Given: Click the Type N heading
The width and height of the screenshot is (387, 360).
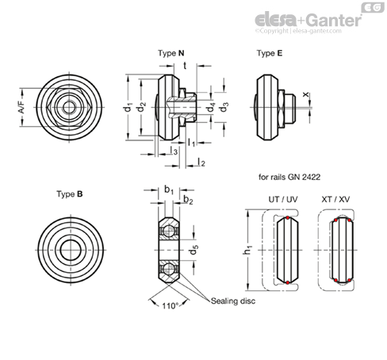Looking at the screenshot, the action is (x=171, y=53).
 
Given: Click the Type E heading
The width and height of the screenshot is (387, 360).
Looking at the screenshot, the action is (x=270, y=53).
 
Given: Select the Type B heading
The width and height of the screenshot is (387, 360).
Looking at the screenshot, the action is (x=70, y=194).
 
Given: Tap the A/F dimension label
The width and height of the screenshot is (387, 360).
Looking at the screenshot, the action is (x=22, y=107).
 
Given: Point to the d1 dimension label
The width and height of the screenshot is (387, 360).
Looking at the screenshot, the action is (x=128, y=107).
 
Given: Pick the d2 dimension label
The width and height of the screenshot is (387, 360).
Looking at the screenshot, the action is (x=142, y=107).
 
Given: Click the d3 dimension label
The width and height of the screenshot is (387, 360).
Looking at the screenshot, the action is (x=224, y=107).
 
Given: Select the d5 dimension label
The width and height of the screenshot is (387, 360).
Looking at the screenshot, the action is (x=194, y=250).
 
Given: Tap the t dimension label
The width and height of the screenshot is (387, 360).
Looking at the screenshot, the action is (x=185, y=66).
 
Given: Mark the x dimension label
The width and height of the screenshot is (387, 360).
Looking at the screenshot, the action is (x=305, y=94).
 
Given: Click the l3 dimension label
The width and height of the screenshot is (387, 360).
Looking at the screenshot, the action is (x=174, y=151).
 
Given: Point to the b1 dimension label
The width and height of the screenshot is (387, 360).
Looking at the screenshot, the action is (x=169, y=190).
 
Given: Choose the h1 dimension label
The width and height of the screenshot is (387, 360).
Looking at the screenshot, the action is (x=247, y=250).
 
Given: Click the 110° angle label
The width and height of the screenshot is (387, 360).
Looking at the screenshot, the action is (x=171, y=306).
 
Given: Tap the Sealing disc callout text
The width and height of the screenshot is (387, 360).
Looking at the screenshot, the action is (x=233, y=301).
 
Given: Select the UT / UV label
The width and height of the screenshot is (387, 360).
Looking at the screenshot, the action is (x=283, y=199).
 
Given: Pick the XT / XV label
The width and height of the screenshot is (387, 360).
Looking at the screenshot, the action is (x=335, y=199).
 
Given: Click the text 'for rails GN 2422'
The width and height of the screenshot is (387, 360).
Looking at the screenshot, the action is (x=289, y=177).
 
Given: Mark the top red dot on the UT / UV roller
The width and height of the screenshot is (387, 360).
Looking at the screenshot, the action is (x=287, y=218).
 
